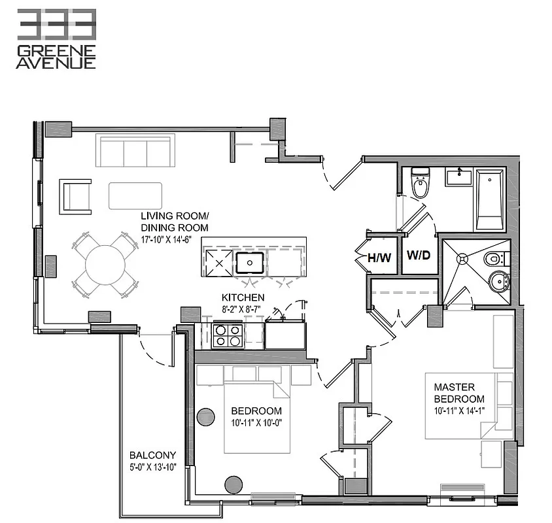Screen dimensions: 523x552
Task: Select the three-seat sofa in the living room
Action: (135, 151)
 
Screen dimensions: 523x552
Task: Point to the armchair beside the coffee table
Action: (76, 197)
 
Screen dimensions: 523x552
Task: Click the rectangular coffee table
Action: (135, 195)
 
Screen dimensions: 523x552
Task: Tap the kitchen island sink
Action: (249, 262)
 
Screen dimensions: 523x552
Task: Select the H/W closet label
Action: (379, 258)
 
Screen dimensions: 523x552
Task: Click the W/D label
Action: (419, 254)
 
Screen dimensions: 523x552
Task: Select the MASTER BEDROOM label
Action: (459, 393)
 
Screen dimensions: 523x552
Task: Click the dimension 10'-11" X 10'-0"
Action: (256, 424)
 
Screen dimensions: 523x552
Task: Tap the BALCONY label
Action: (152, 455)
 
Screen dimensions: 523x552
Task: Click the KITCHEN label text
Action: (242, 297)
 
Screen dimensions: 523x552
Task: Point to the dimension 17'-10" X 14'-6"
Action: (174, 239)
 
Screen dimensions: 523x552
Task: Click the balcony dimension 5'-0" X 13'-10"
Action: (152, 467)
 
